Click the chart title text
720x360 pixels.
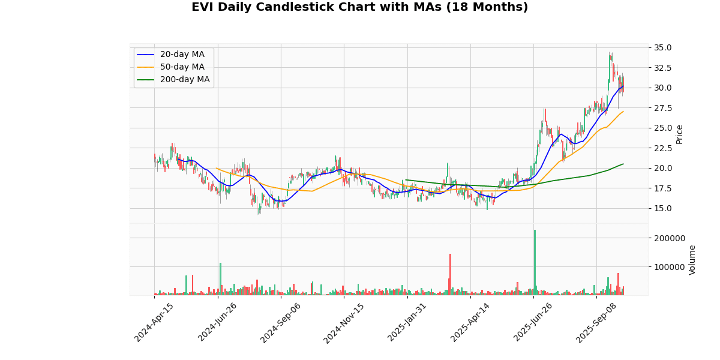pyautogui.click(x=359, y=8)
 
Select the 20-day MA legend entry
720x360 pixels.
pyautogui.click(x=182, y=55)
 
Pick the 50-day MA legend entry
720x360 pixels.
pyautogui.click(x=182, y=67)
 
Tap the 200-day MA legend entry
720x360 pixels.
pyautogui.click(x=185, y=80)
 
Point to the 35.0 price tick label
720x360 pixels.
pyautogui.click(x=663, y=47)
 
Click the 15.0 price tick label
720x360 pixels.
pyautogui.click(x=663, y=208)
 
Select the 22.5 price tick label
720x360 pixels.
pyautogui.click(x=663, y=148)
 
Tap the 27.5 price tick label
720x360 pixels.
pyautogui.click(x=663, y=108)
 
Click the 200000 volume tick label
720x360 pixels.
pyautogui.click(x=668, y=238)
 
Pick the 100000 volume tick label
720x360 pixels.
pyautogui.click(x=668, y=267)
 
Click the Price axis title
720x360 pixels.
pyautogui.click(x=680, y=134)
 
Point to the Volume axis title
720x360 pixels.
pyautogui.click(x=692, y=260)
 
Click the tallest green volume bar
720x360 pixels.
pyautogui.click(x=535, y=262)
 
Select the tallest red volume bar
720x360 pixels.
pyautogui.click(x=450, y=274)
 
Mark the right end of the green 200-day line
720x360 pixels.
pyautogui.click(x=623, y=164)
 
